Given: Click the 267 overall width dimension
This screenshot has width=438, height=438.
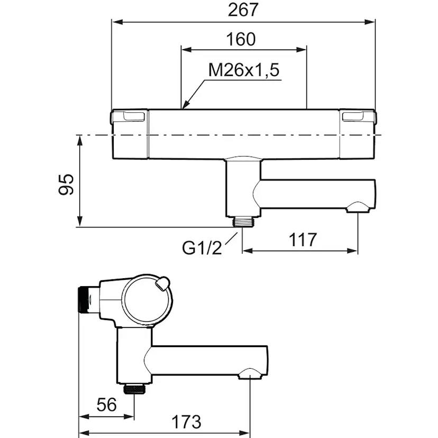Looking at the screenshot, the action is click(243, 10).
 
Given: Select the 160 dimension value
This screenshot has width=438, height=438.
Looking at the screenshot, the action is click(241, 39).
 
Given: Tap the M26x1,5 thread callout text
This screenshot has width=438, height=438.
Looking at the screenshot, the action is click(243, 70).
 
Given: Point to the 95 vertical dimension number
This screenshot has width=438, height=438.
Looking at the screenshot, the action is click(66, 184).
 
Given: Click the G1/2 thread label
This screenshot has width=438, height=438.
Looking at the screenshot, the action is click(202, 248).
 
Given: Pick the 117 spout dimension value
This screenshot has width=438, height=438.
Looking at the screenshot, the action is click(303, 240).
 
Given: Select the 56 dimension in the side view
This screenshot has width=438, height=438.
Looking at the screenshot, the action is click(106, 405).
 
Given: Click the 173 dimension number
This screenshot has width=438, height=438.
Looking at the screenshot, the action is click(186, 422).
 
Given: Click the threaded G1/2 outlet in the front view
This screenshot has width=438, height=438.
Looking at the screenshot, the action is click(242, 222).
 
